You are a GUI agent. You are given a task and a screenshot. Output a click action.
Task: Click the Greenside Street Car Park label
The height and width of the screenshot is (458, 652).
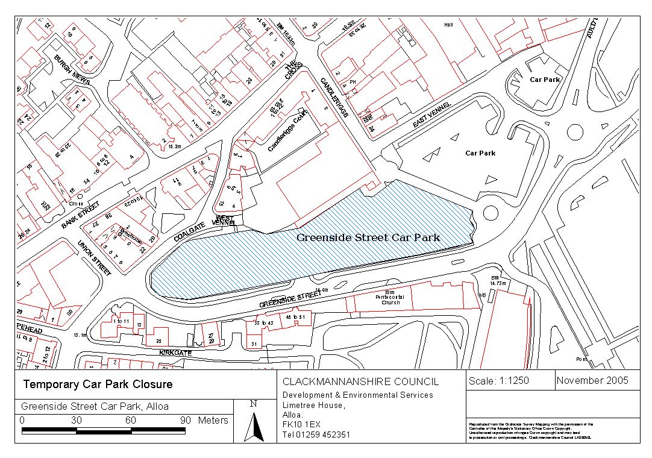[368, 237]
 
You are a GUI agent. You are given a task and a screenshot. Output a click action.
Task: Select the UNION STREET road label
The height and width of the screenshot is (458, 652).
[95, 259]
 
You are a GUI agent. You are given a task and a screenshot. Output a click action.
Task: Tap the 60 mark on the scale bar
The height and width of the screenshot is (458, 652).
[130, 420]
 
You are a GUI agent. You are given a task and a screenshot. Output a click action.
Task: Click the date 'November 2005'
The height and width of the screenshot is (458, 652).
[592, 380]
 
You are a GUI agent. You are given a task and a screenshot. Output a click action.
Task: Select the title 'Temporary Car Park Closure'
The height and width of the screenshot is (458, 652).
[98, 384]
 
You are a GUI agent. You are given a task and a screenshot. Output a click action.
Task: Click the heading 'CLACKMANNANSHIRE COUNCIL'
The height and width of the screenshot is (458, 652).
[361, 381]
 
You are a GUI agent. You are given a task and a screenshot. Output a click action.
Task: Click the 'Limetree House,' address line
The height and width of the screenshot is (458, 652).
[314, 406]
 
